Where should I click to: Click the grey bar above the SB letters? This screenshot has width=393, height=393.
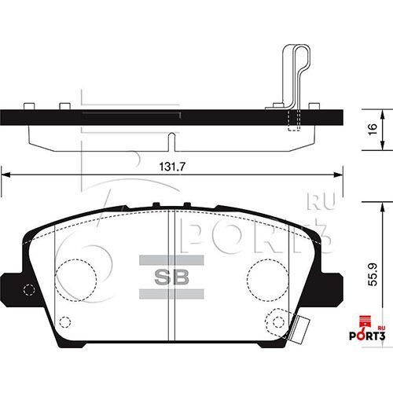click(x=171, y=259)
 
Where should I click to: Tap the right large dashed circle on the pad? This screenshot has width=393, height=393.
click(x=269, y=277)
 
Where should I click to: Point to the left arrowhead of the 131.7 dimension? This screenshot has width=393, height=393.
click(x=4, y=174)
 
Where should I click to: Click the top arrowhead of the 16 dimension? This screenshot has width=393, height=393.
click(x=383, y=110)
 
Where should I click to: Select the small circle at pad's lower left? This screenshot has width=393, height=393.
click(x=66, y=320)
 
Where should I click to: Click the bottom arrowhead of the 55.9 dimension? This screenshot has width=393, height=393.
click(x=383, y=343)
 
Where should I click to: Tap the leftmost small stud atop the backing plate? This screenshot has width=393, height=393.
click(x=30, y=105)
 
